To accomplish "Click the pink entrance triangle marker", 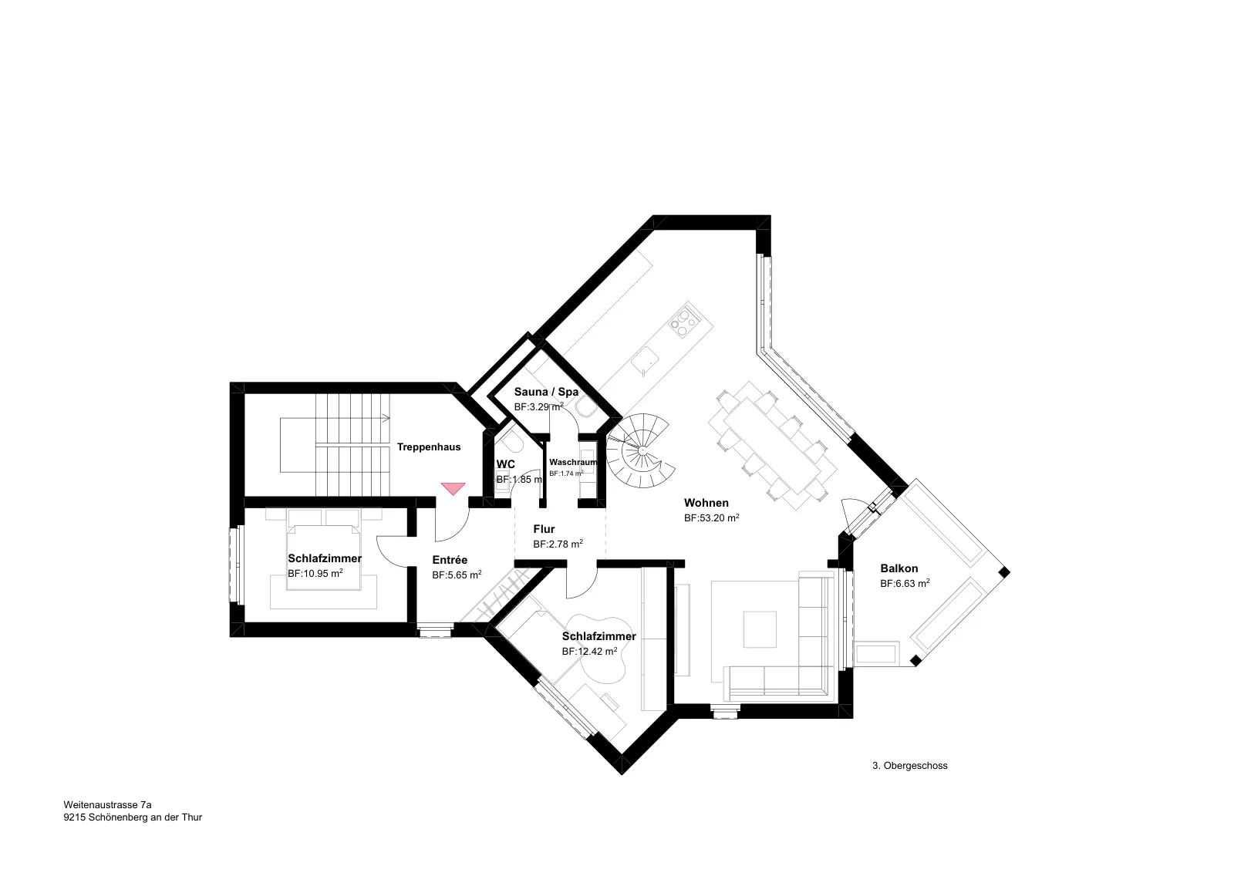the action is pos(453,488).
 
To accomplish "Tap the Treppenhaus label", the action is pos(429,447).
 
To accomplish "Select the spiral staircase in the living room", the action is pos(640,450).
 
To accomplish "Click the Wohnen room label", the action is pos(706,503).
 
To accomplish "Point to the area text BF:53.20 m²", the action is pos(711,517).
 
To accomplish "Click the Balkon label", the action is pos(899,568).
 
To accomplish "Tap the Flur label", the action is pos(544,529).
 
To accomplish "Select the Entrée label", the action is pos(450,560).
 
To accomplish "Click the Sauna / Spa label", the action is pos(547,392).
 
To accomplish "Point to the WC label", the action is pos(506,464).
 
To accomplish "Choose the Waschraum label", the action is pos(573,462).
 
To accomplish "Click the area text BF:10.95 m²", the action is pos(315,573).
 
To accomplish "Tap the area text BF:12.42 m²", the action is pos(589,651).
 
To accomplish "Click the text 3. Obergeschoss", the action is pos(910,766).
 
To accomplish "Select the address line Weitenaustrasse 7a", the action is pos(107,804).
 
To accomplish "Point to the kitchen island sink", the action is pos(645,362).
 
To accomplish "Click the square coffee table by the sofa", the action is pos(760,629).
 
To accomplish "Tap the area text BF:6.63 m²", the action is pos(905,583).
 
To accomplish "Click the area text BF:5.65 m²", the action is pos(457,575).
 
